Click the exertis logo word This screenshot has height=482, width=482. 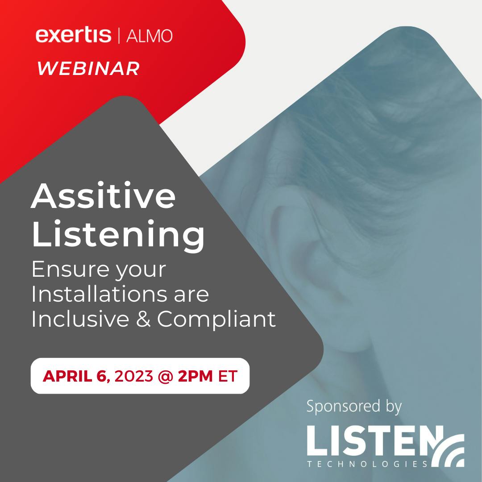pyautogui.click(x=73, y=35)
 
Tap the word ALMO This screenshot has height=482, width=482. pyautogui.click(x=150, y=36)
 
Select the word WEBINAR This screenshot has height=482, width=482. pyautogui.click(x=88, y=68)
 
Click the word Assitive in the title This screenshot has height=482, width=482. pyautogui.click(x=103, y=196)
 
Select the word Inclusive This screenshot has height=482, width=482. pyautogui.click(x=80, y=319)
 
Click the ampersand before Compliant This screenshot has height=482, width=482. pyautogui.click(x=143, y=319)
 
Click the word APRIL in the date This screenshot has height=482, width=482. pyautogui.click(x=67, y=376)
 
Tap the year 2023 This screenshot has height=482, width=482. pyautogui.click(x=134, y=376)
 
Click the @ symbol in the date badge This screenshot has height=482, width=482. pyautogui.click(x=166, y=376)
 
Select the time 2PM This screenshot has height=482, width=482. pyautogui.click(x=195, y=376)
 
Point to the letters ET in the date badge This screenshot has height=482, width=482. pyautogui.click(x=228, y=376)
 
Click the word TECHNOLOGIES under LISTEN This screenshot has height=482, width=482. pyautogui.click(x=368, y=464)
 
